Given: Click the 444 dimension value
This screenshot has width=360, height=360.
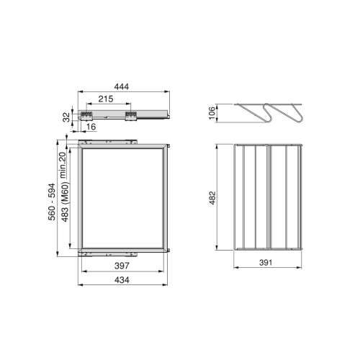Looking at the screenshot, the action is tap(122, 86).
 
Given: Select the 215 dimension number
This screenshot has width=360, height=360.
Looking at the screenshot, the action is tap(106, 99).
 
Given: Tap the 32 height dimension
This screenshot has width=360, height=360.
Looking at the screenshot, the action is tap(66, 117).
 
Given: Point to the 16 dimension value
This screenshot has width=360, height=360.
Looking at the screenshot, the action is tap(91, 127).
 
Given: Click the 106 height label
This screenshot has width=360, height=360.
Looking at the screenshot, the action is tap(212, 113).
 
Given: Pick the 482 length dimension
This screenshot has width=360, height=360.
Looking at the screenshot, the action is tap(212, 198).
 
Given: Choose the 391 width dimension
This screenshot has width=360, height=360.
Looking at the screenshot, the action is tap(266, 262).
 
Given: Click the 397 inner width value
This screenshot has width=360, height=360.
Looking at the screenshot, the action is tap(122, 266).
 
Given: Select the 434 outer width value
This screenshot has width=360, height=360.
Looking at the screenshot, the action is tap(122, 280).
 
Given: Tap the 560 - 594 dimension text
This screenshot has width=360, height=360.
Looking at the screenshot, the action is tap(52, 202).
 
